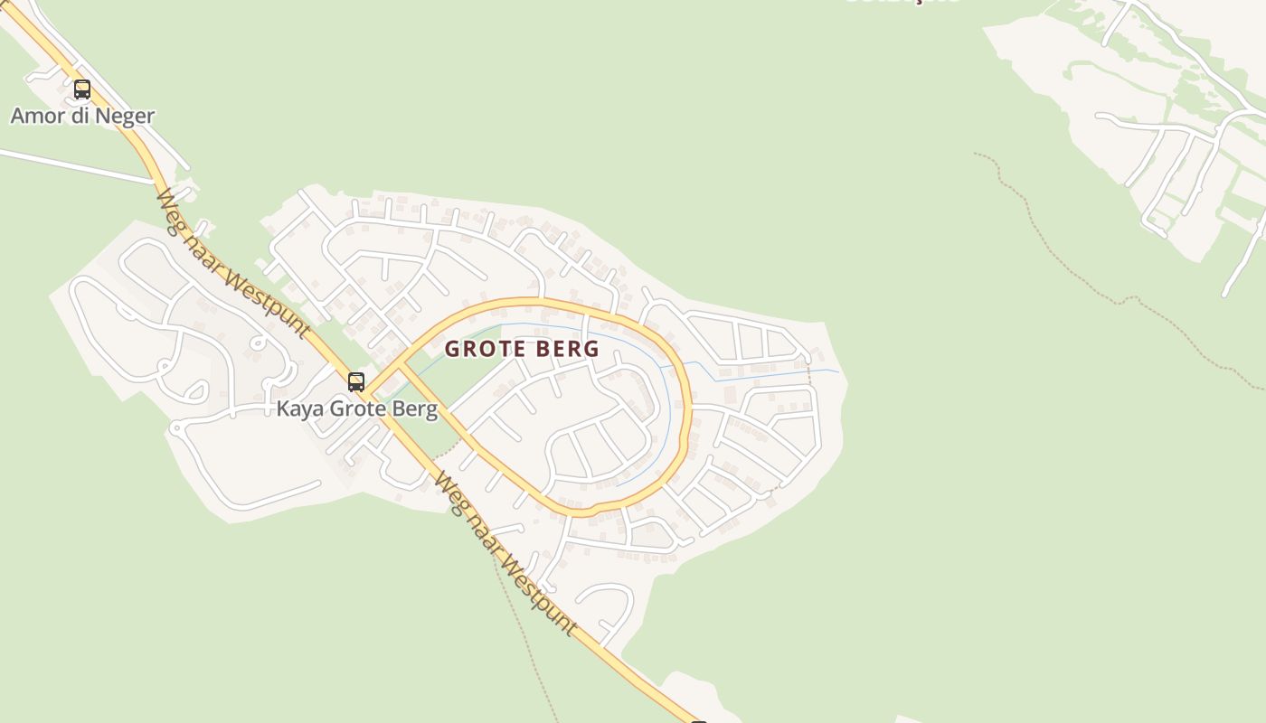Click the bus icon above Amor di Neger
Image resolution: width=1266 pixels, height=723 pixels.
(x=82, y=89)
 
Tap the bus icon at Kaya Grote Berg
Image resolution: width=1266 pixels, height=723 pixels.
(x=356, y=382)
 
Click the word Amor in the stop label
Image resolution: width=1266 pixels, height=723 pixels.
(x=36, y=116)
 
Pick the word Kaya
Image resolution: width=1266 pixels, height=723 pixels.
(x=299, y=408)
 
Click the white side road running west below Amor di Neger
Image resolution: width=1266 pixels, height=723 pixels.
(x=72, y=165)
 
